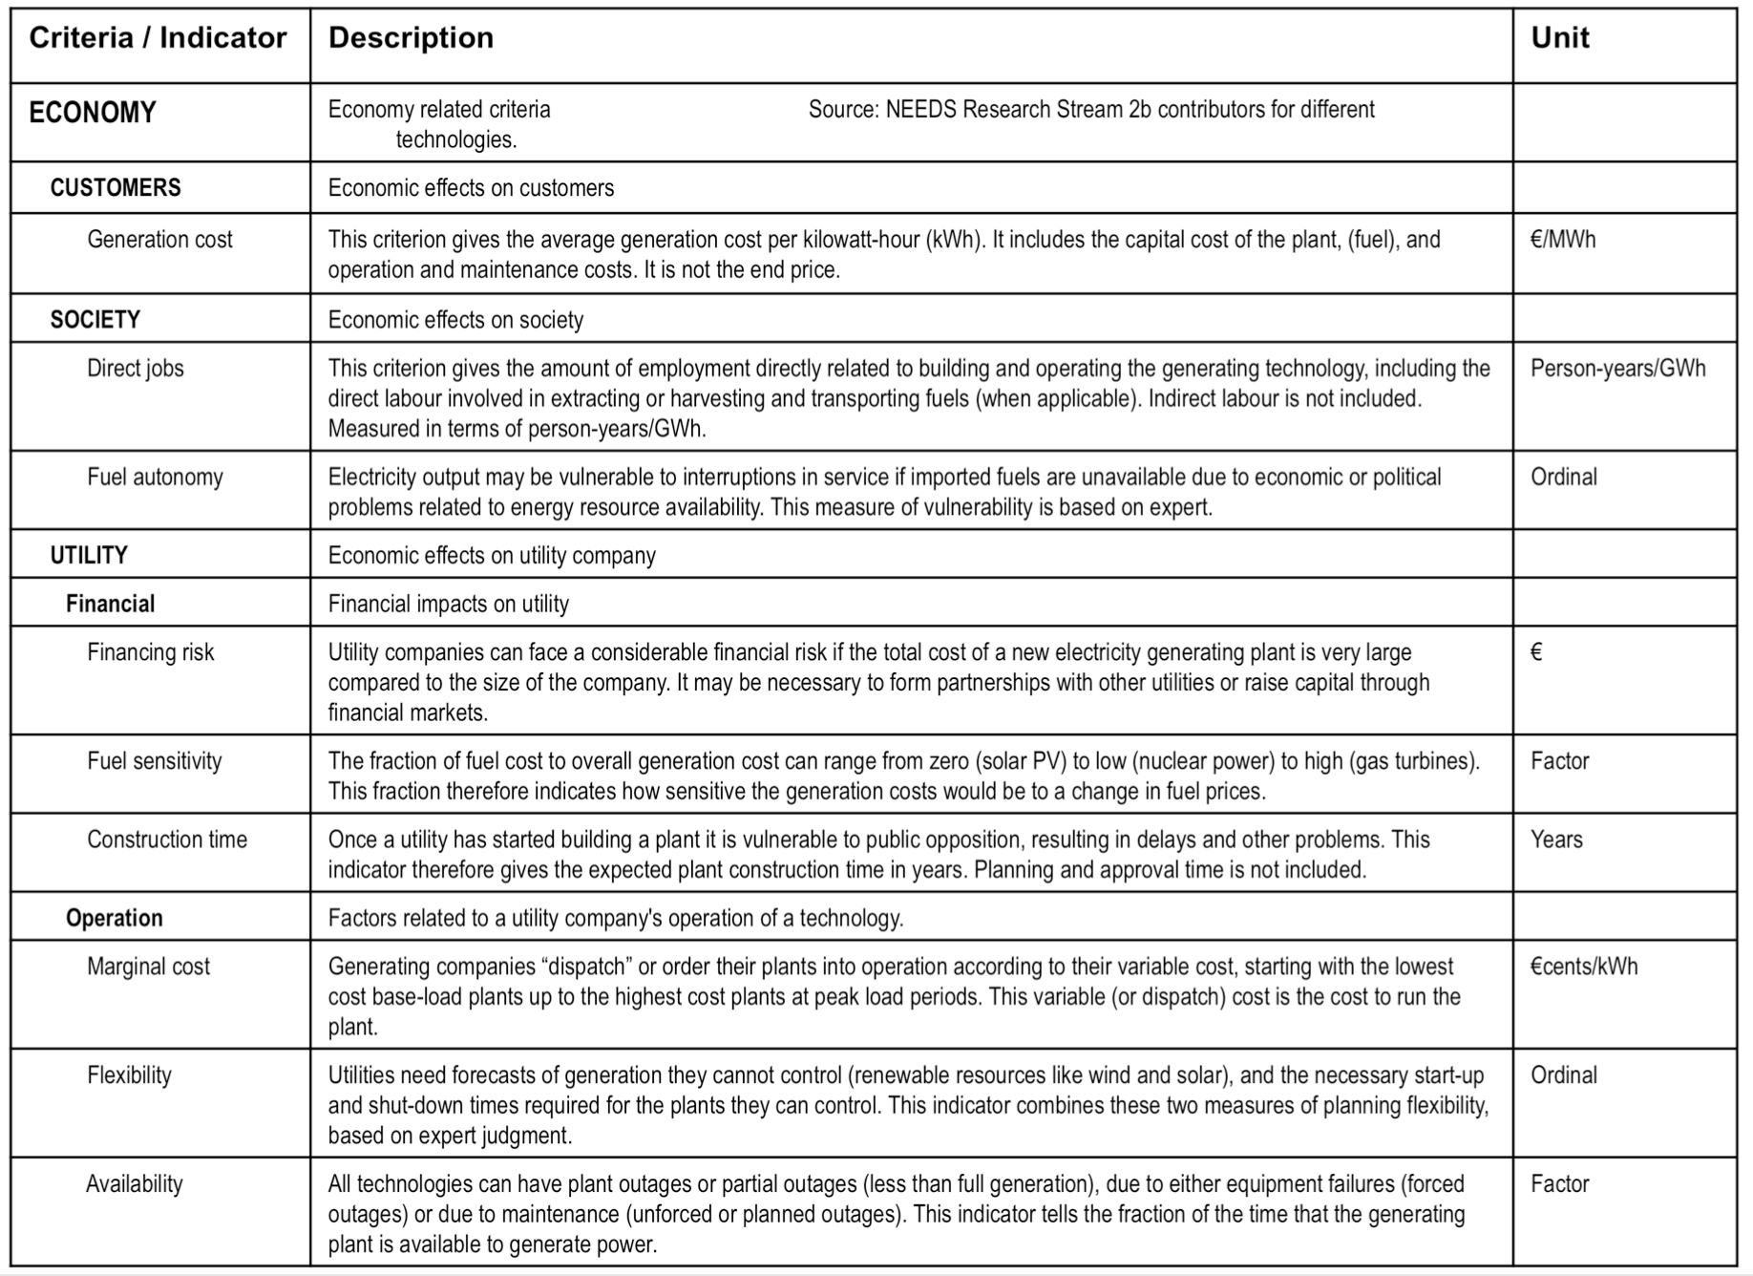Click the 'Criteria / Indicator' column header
(158, 38)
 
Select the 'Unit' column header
(1559, 38)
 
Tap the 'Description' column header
(411, 38)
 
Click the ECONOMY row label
(92, 113)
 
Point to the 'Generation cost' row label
(159, 240)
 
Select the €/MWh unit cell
(1562, 240)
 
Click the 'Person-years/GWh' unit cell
(1617, 369)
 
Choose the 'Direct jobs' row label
(135, 369)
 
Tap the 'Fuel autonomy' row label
(155, 478)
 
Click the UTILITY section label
(89, 555)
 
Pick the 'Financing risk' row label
(150, 652)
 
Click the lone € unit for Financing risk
(1536, 652)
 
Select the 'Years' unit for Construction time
(1556, 840)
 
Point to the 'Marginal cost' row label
(148, 967)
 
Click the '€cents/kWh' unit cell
(1583, 967)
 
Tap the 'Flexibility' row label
(129, 1075)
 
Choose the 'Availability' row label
(134, 1184)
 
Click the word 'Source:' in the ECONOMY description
(843, 110)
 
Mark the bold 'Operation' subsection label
(114, 918)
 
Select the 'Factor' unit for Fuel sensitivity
(1559, 761)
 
